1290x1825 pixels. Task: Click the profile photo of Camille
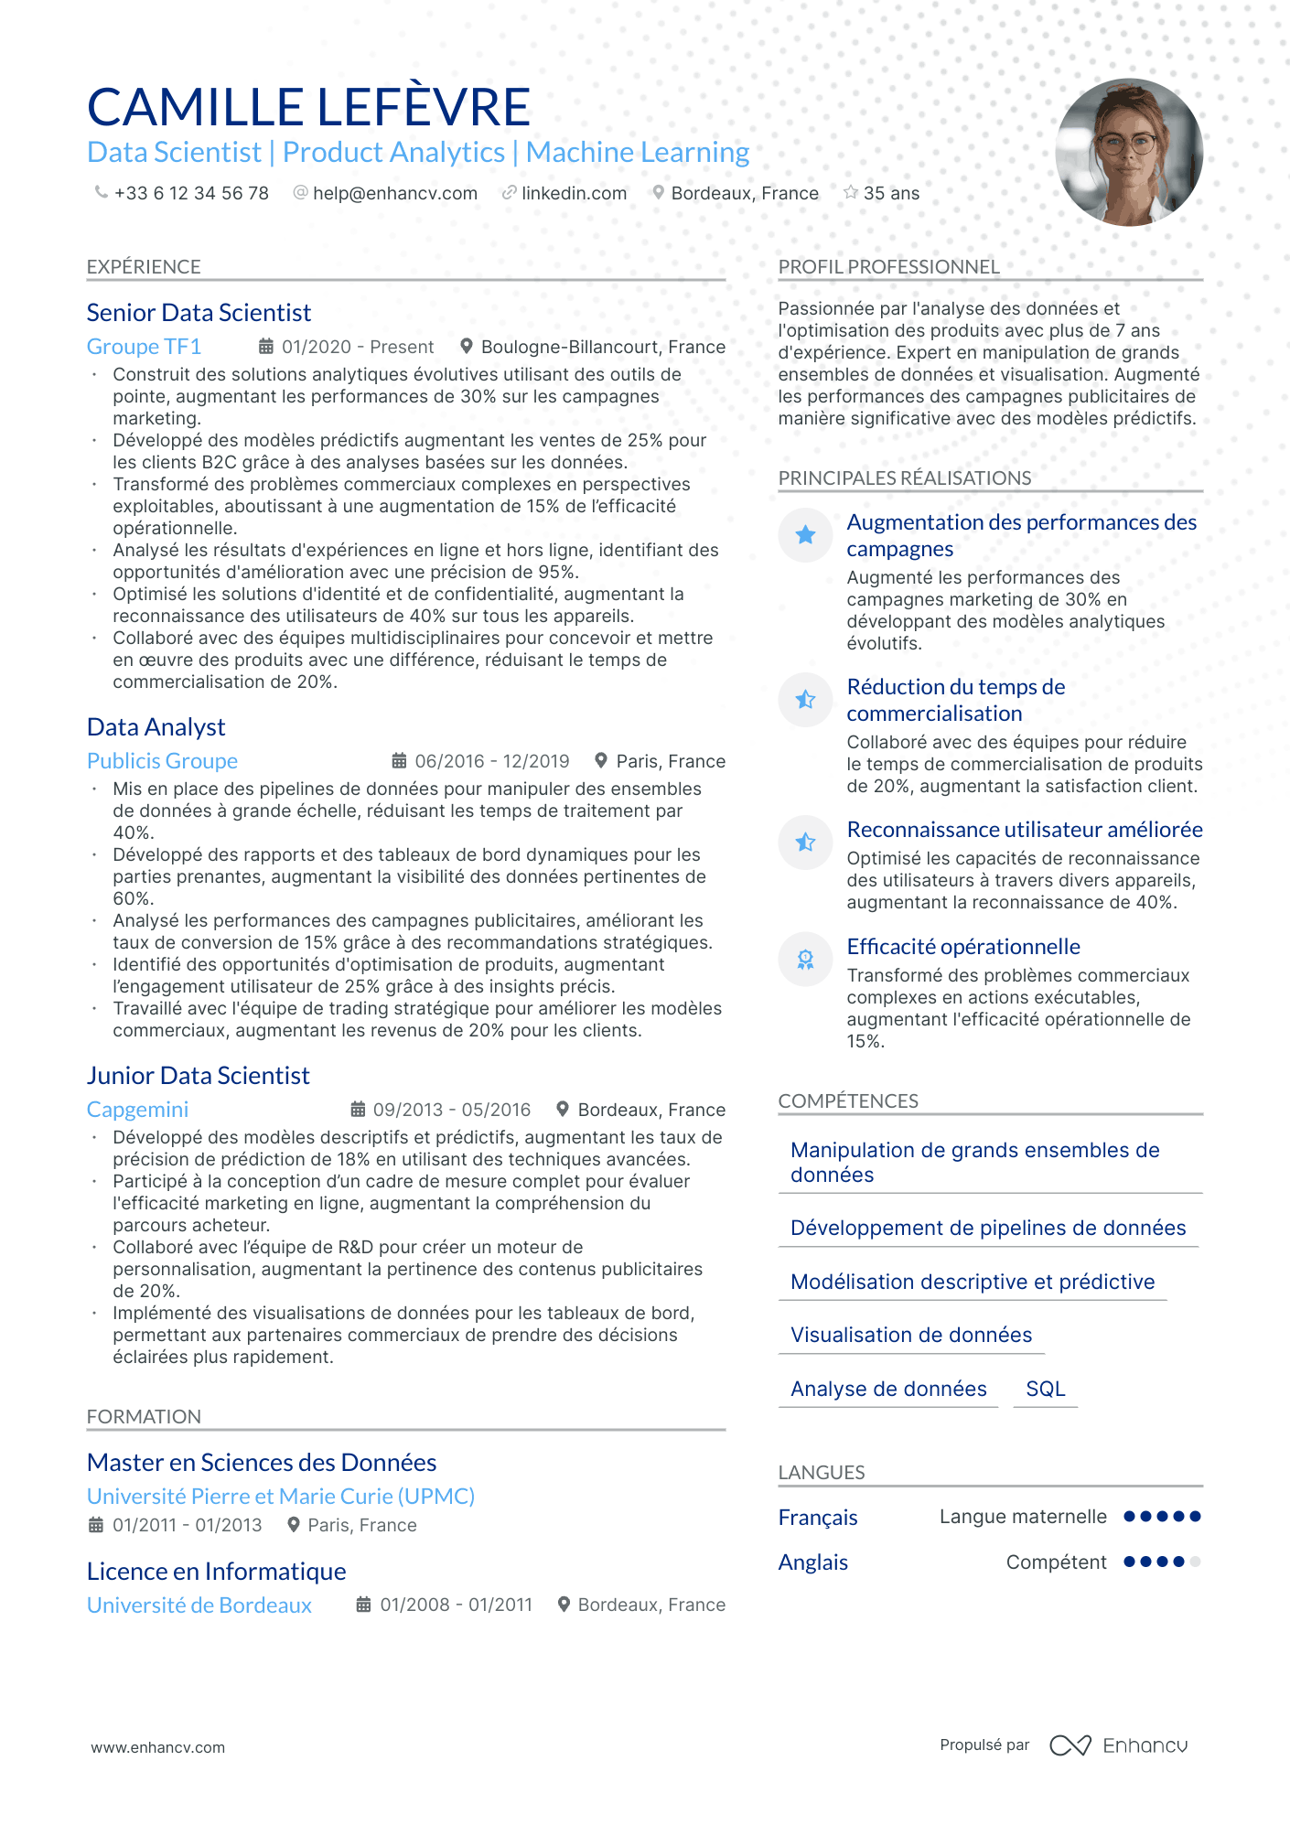(1128, 153)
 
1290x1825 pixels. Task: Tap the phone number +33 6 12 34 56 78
(190, 193)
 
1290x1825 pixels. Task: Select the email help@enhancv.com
(394, 193)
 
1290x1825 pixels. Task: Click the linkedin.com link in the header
(574, 193)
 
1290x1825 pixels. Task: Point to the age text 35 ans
(891, 193)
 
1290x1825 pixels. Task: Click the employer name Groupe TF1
(144, 347)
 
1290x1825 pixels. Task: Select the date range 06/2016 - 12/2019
(491, 761)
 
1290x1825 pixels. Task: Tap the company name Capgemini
(137, 1110)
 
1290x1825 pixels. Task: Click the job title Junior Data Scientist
(198, 1076)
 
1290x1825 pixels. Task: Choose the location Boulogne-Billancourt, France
(603, 347)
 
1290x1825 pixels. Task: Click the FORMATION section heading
(144, 1416)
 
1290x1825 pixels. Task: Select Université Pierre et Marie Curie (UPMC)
(280, 1497)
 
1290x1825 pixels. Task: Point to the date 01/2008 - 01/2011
(456, 1605)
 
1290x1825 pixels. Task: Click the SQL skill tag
(1045, 1389)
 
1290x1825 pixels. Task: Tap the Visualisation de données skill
(910, 1336)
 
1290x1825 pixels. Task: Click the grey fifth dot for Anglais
(1195, 1562)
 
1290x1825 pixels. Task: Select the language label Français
(817, 1518)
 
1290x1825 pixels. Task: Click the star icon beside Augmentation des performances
(805, 535)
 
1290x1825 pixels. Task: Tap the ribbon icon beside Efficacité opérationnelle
(805, 959)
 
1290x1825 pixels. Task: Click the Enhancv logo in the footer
(1118, 1745)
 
